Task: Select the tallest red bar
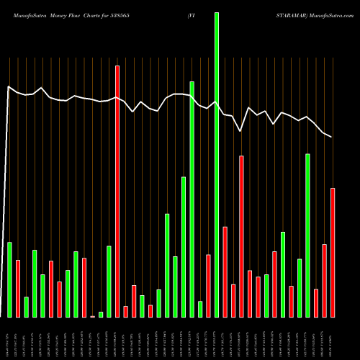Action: click(x=117, y=191)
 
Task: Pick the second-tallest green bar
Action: click(x=192, y=199)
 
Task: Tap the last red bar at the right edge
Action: click(x=333, y=252)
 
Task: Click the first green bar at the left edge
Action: click(x=9, y=279)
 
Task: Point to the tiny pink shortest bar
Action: click(x=92, y=316)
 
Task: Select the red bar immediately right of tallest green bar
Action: click(x=225, y=271)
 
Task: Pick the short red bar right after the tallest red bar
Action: click(x=125, y=311)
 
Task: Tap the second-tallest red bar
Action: click(x=242, y=236)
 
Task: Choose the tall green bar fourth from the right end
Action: click(x=307, y=235)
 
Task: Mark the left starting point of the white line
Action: click(x=8, y=87)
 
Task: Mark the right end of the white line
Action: click(x=332, y=136)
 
